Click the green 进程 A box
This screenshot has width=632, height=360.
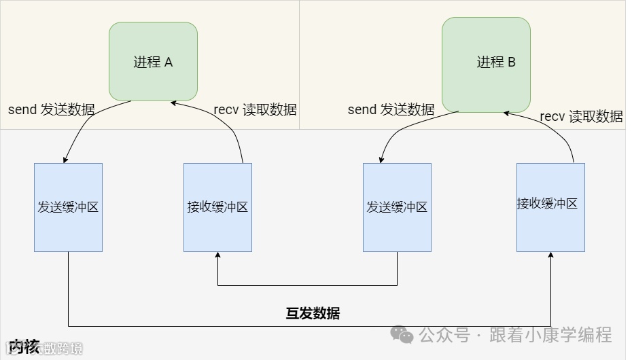[x=153, y=62]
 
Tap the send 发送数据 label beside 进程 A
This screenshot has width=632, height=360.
[x=52, y=109]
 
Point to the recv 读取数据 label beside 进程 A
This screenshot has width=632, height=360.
[x=255, y=109]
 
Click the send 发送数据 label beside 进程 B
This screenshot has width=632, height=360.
[x=391, y=109]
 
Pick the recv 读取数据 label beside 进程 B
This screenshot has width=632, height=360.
[x=581, y=116]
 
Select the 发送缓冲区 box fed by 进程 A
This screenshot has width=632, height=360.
[x=68, y=207]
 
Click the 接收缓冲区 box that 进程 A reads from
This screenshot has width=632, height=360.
[x=217, y=207]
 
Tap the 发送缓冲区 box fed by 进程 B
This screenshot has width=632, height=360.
[x=397, y=207]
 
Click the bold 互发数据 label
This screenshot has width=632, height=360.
[x=313, y=313]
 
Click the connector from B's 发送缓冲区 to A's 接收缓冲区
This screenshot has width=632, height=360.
[x=306, y=285]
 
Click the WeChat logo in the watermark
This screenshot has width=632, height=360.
[x=401, y=334]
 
